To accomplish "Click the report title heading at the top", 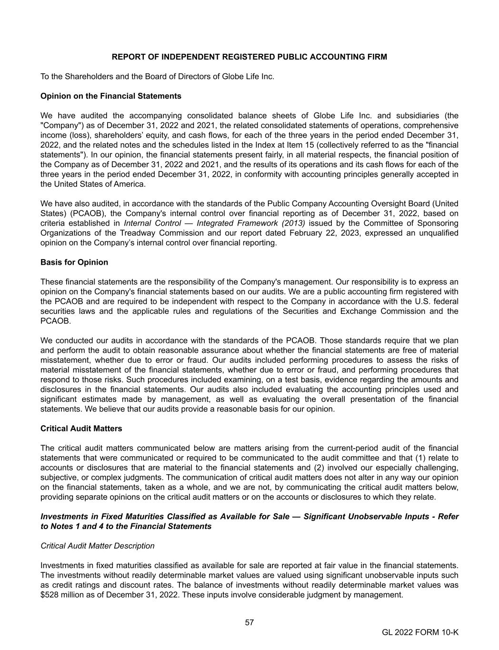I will [249, 57].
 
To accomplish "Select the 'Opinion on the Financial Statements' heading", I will [111, 96].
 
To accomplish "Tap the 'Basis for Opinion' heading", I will [74, 262].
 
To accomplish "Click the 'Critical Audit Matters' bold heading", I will [81, 429].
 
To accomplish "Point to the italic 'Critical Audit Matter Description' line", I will [98, 546].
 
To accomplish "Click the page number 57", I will [249, 622].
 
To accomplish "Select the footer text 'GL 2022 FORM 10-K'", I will [420, 632].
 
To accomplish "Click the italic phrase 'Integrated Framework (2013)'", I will [251, 223].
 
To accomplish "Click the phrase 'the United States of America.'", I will [93, 184].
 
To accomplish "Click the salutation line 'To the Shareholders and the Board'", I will [157, 76].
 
